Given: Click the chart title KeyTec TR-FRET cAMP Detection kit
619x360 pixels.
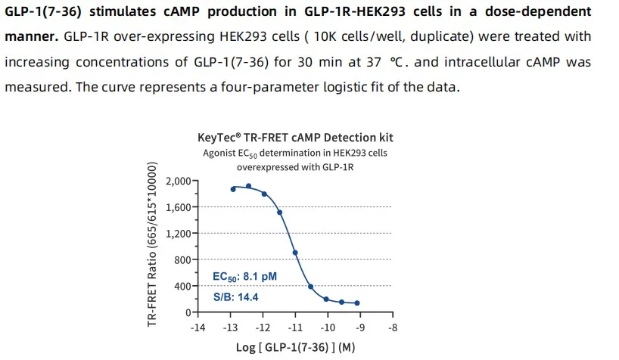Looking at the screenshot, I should click(295, 138).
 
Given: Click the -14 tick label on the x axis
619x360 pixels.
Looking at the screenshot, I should click(198, 327).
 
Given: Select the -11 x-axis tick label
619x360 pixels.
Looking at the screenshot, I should click(295, 327).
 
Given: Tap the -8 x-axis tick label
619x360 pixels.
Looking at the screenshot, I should click(392, 327).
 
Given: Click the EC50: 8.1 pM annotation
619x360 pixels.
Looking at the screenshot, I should click(244, 278).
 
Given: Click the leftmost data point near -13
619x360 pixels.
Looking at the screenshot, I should click(232, 189).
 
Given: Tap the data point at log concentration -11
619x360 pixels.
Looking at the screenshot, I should click(295, 253).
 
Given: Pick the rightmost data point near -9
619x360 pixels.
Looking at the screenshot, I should click(357, 303).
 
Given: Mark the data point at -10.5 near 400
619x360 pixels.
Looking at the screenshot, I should click(310, 287).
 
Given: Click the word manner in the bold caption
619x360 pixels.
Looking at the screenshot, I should click(27, 37).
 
